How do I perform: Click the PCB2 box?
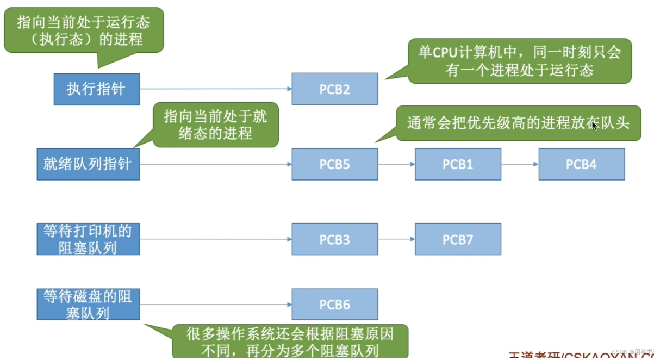pos(334,89)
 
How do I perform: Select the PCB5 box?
pos(334,164)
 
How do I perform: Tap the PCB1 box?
pos(458,164)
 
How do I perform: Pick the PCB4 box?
pos(581,164)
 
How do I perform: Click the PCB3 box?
pos(334,239)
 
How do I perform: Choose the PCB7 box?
pos(458,239)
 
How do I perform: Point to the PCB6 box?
pos(334,305)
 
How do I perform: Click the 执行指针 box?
pos(96,89)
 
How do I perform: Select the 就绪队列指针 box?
pos(88,164)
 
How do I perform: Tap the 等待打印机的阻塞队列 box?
pos(88,239)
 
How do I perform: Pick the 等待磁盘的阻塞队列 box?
pos(88,305)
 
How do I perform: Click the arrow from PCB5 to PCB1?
pos(396,164)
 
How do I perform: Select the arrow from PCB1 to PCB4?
pos(520,164)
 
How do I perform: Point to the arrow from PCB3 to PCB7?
pos(396,239)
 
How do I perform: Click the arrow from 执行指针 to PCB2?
pos(215,89)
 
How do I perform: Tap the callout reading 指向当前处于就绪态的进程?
pos(215,125)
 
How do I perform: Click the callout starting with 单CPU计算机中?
pos(519,61)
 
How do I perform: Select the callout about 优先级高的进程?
pos(518,123)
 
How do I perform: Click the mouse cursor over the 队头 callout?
pos(595,126)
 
